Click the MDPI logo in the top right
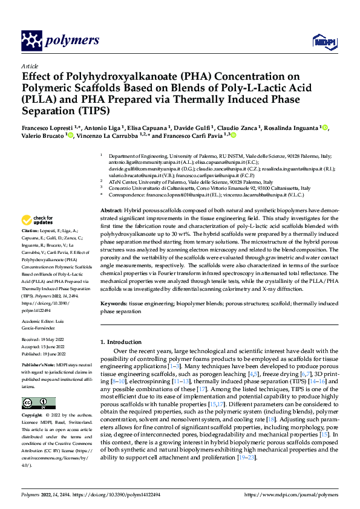pyautogui.click(x=324, y=41)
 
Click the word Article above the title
pyautogui.click(x=30, y=66)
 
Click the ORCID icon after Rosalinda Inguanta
pyautogui.click(x=325, y=128)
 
